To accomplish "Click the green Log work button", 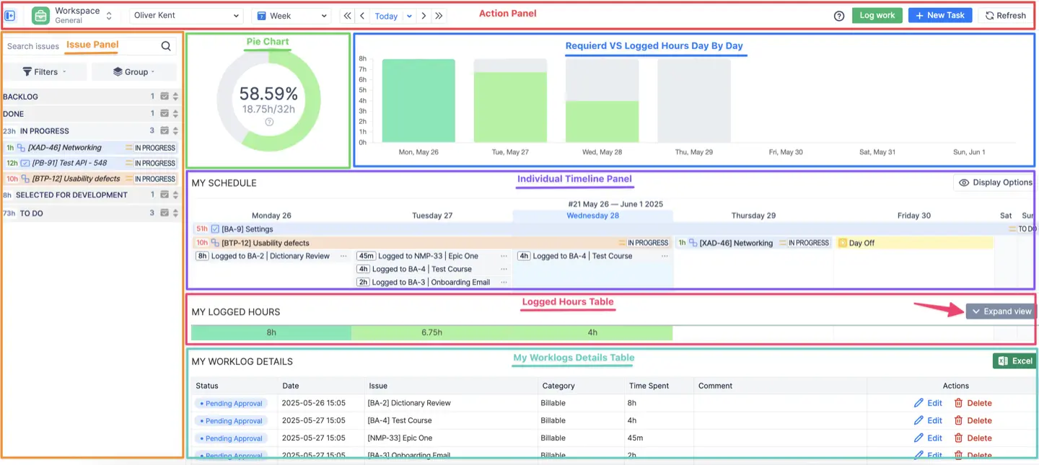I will click(x=877, y=15).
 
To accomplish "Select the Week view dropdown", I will click(x=290, y=15).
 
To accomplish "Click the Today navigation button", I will click(x=386, y=16).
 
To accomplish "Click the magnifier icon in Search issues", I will click(x=166, y=46).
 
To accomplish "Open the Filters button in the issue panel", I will click(x=45, y=71).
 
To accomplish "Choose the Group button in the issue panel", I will click(x=133, y=71).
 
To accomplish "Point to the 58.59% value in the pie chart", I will click(x=268, y=94).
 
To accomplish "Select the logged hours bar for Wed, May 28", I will click(x=602, y=121).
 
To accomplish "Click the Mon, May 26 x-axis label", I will click(x=418, y=152).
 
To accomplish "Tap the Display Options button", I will click(x=995, y=182).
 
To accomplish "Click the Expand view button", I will click(x=1001, y=311).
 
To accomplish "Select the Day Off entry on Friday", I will click(x=862, y=243).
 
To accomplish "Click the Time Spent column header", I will click(x=649, y=386).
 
